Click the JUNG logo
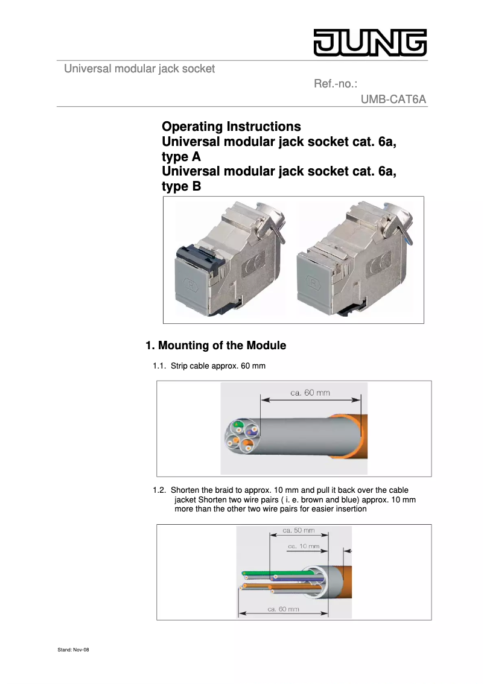tap(369, 43)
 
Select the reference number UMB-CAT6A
tap(393, 99)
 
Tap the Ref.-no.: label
tap(336, 84)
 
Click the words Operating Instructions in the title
tap(231, 127)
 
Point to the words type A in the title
tap(181, 157)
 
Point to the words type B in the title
tap(181, 187)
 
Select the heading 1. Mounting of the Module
tap(215, 346)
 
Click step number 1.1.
tap(159, 366)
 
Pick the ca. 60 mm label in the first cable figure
tap(310, 393)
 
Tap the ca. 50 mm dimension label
tap(299, 531)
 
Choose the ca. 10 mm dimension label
tap(304, 546)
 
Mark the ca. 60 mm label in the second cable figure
tap(283, 609)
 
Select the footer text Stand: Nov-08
tap(73, 650)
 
